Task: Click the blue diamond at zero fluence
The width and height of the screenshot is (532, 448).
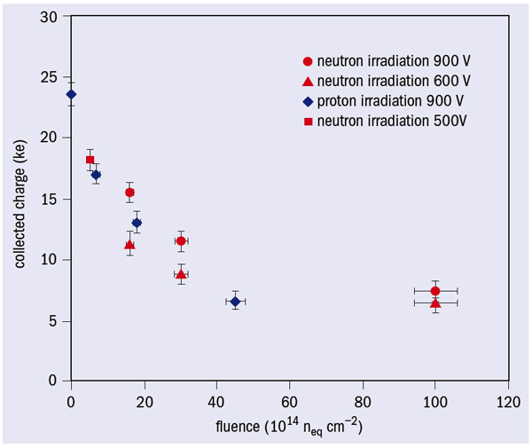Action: coord(71,94)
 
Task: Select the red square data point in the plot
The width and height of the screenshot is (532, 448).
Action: coord(90,160)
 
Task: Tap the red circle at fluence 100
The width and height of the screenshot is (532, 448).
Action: coord(435,291)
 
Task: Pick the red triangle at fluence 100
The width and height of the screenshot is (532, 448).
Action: coord(435,303)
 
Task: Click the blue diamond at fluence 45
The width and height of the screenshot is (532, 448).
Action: coord(235,302)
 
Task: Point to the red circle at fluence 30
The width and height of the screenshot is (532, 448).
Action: coord(181,240)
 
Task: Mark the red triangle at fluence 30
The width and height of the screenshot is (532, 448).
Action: coord(181,274)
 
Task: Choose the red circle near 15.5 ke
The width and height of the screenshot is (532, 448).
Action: coord(129,193)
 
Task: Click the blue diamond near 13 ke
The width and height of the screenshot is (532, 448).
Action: coord(137,223)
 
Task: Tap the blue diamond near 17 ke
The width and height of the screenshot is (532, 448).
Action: coord(96,175)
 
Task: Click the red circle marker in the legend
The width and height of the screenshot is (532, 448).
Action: coord(308,62)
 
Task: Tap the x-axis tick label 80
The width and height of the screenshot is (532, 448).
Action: coord(362,398)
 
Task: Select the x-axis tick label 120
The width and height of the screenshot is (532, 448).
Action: coord(507,398)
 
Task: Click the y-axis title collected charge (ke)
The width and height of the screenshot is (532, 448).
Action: coord(20,203)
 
